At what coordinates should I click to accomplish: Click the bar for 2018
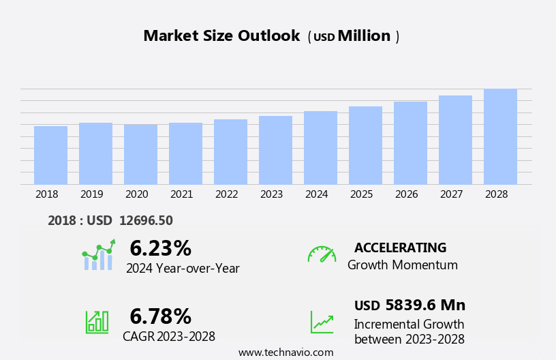click(50, 155)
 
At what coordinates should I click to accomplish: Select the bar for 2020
click(140, 155)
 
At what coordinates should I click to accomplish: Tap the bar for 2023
click(275, 150)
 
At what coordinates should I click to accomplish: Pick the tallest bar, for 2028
click(500, 136)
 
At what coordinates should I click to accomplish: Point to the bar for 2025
click(365, 145)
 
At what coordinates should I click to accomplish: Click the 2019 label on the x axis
click(92, 194)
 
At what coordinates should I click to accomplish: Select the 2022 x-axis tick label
click(227, 194)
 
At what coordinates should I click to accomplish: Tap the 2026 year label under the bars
click(407, 194)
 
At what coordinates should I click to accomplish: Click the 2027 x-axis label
click(452, 194)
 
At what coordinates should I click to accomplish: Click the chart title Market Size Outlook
click(221, 36)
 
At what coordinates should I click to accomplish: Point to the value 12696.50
click(146, 221)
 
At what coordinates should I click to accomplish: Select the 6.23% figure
click(160, 248)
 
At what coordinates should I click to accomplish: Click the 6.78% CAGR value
click(160, 316)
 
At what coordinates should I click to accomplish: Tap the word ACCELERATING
click(400, 248)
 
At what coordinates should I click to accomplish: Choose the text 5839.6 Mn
click(425, 305)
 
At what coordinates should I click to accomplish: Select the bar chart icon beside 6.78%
click(97, 321)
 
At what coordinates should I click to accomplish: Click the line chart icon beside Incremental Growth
click(322, 322)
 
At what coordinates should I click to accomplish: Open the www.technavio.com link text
click(285, 352)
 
